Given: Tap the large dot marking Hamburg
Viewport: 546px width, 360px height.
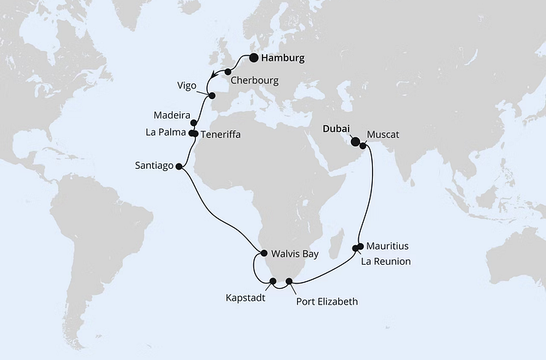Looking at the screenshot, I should coord(254,57).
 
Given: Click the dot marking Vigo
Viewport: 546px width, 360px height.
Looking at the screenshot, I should coord(211,96).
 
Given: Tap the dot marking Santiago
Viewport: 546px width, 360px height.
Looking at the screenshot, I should coord(178,166).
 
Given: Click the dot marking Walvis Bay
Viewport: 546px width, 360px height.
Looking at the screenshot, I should coord(264,253).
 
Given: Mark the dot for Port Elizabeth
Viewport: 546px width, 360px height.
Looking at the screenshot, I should coord(289,281).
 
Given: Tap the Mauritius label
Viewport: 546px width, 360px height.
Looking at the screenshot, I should coord(388,246).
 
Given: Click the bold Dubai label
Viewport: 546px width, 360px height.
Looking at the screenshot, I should coord(336,128).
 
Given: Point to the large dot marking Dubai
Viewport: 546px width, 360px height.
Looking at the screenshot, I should coord(355,139).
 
